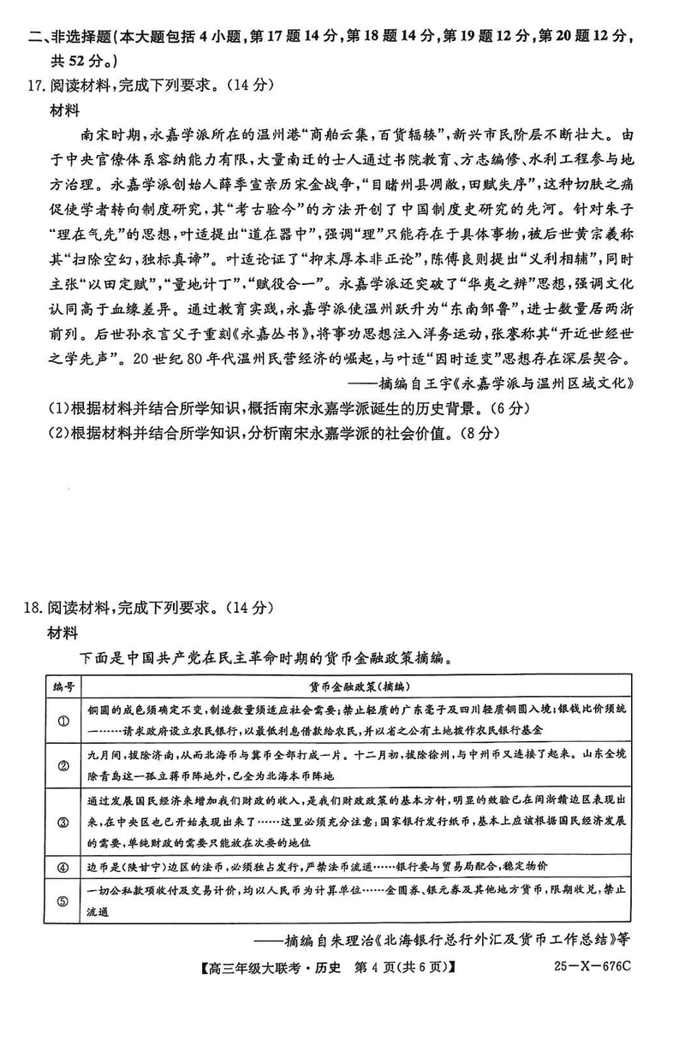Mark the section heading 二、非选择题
(68, 36)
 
